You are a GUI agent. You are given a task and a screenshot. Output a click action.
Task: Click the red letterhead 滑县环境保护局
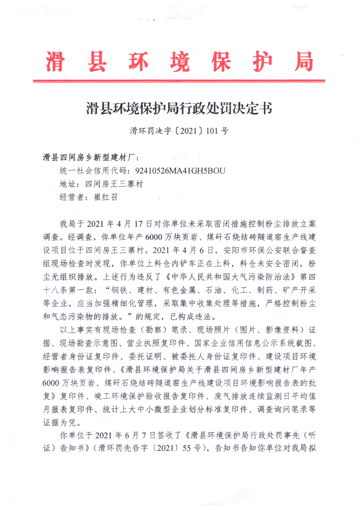point(180,62)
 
